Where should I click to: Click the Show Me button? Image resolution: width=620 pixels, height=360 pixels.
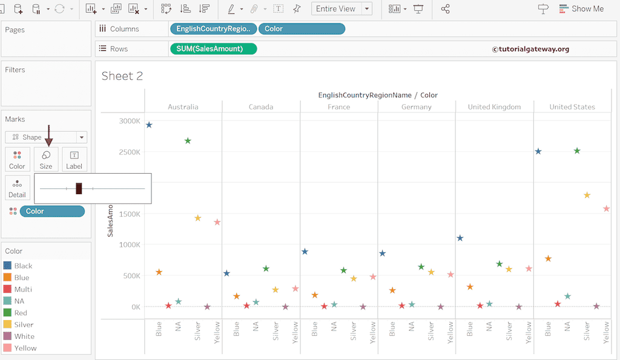(581, 8)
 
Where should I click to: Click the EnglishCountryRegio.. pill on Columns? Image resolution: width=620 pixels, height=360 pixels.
(213, 28)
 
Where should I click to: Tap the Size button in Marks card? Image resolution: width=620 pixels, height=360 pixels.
(46, 159)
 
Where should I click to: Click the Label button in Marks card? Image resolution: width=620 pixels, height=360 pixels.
(74, 159)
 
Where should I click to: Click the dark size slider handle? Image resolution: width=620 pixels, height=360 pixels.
(79, 188)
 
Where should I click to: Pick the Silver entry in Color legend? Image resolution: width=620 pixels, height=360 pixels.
(24, 324)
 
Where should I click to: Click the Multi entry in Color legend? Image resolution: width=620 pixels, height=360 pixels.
(23, 289)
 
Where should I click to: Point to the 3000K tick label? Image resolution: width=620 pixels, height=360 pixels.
(129, 121)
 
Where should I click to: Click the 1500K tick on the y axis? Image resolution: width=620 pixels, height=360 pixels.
(129, 214)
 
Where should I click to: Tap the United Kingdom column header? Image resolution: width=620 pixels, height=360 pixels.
(494, 107)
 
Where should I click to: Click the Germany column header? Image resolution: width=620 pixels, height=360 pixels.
(416, 107)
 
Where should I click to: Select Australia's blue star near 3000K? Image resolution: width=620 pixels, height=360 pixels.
(149, 125)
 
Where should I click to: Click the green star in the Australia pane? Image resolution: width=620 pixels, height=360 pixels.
(188, 141)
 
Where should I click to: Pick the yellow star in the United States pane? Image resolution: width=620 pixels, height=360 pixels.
(587, 195)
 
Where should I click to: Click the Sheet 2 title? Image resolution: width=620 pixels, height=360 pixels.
(122, 76)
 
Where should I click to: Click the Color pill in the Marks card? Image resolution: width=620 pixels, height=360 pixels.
(52, 211)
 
